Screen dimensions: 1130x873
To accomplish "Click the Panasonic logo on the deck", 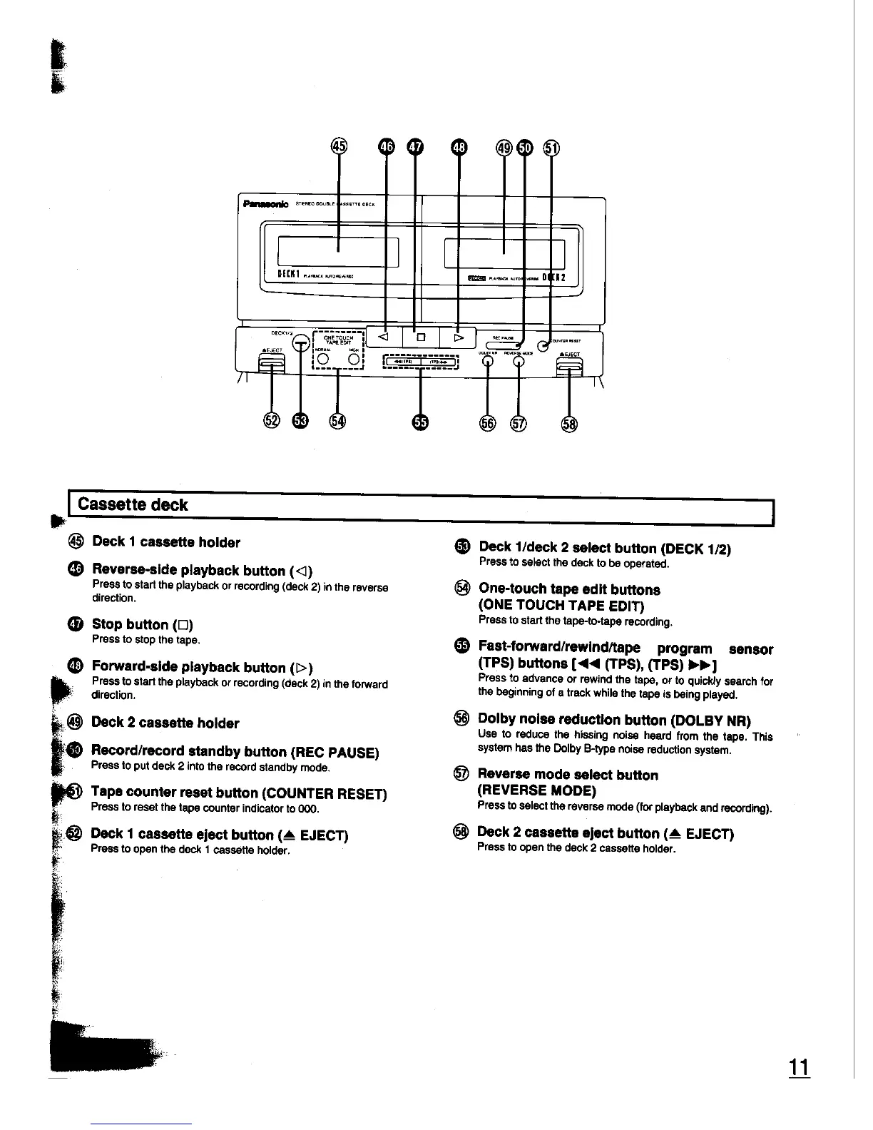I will [x=265, y=204].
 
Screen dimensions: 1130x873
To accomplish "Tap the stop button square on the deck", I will [x=421, y=336].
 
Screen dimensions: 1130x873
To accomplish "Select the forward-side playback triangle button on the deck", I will [x=458, y=336].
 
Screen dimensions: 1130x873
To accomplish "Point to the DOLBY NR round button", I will [x=487, y=361].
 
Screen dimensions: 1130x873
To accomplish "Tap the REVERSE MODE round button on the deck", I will [x=519, y=361].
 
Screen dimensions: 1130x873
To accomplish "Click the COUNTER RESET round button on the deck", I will [x=543, y=345].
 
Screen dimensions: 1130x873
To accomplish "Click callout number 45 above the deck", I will [x=339, y=147].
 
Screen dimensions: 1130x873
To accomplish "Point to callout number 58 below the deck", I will [x=569, y=424].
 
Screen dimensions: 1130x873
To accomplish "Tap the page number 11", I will [x=798, y=1068].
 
